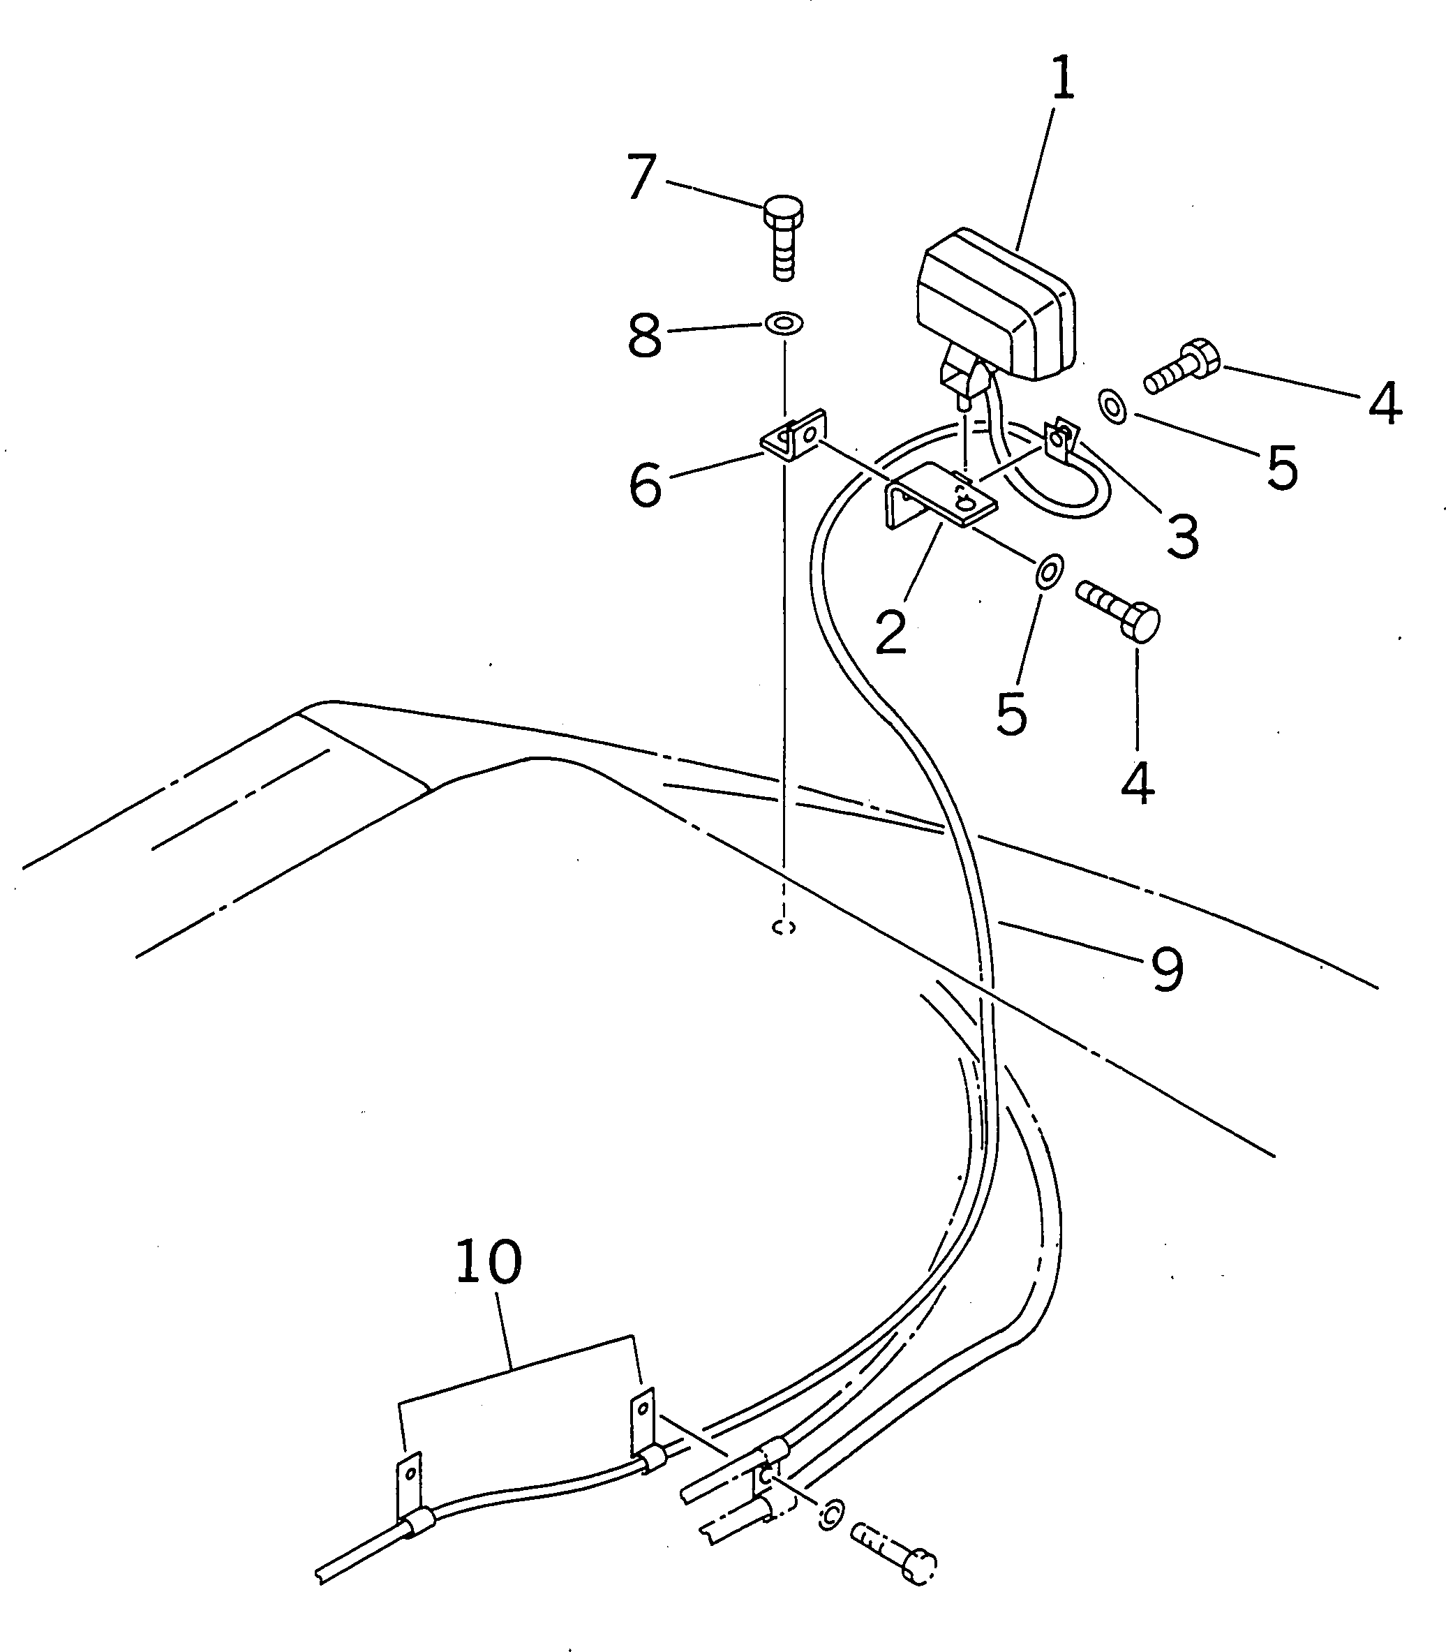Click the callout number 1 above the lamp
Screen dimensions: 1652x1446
pyautogui.click(x=1064, y=79)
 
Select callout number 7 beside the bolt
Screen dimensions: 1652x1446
pyautogui.click(x=641, y=177)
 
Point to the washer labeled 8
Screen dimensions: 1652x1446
pyautogui.click(x=784, y=325)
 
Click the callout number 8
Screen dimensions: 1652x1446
pyautogui.click(x=645, y=336)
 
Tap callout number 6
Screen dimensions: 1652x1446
pyautogui.click(x=646, y=486)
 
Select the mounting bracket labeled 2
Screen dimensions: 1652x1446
pyautogui.click(x=940, y=500)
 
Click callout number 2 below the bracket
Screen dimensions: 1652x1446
pyautogui.click(x=890, y=632)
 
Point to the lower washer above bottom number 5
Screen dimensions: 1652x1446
pyautogui.click(x=1049, y=572)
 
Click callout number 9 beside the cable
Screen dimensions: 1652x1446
pyautogui.click(x=1167, y=969)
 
